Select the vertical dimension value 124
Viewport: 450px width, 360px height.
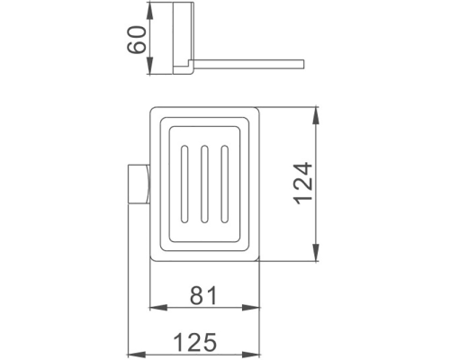coord(303,186)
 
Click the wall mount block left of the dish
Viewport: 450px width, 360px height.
coord(137,186)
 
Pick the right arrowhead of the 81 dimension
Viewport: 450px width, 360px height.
coord(257,311)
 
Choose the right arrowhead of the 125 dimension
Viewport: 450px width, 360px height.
coord(257,354)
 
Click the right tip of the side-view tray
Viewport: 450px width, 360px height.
coord(305,62)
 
